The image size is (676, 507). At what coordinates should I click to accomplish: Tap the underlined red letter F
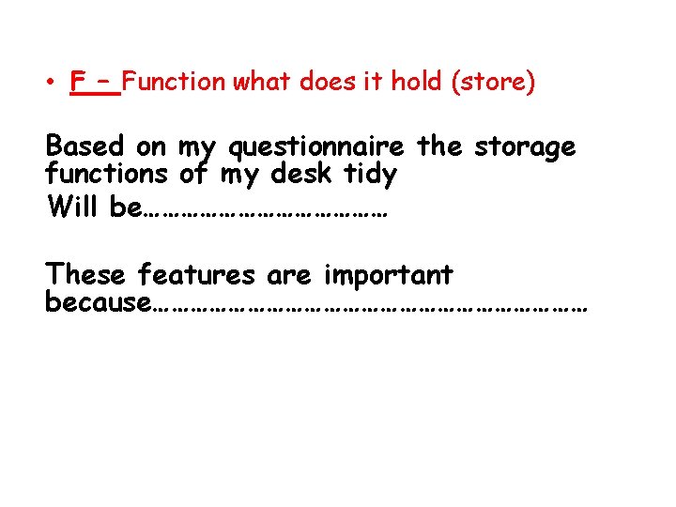78,83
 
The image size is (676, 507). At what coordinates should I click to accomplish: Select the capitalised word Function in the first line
174,83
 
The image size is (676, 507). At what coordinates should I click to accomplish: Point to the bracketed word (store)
494,83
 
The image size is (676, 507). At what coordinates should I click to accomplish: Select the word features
196,276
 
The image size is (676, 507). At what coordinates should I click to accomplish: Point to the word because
97,303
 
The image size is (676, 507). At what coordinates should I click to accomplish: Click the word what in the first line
263,83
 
